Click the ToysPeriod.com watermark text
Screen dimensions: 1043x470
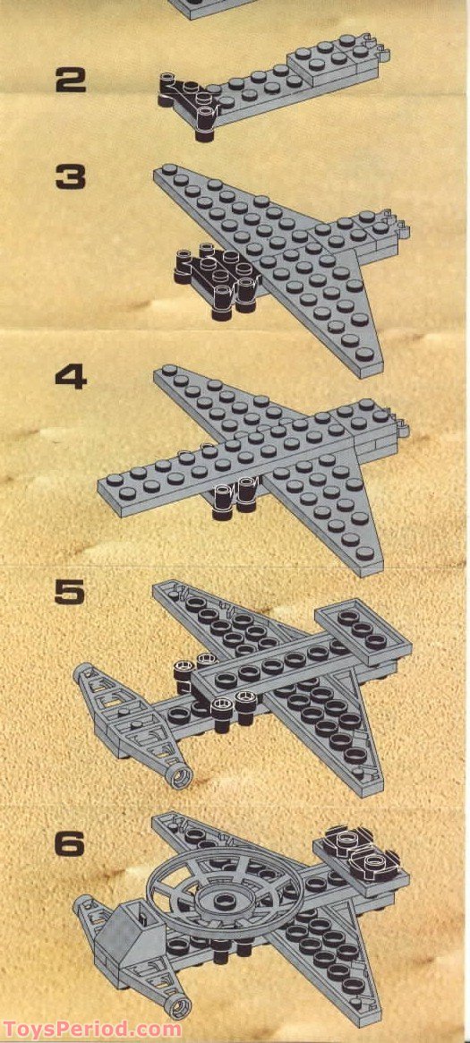[91, 1030]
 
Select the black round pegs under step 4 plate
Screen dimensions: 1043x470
[235, 500]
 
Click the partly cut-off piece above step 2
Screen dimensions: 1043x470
[215, 7]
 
